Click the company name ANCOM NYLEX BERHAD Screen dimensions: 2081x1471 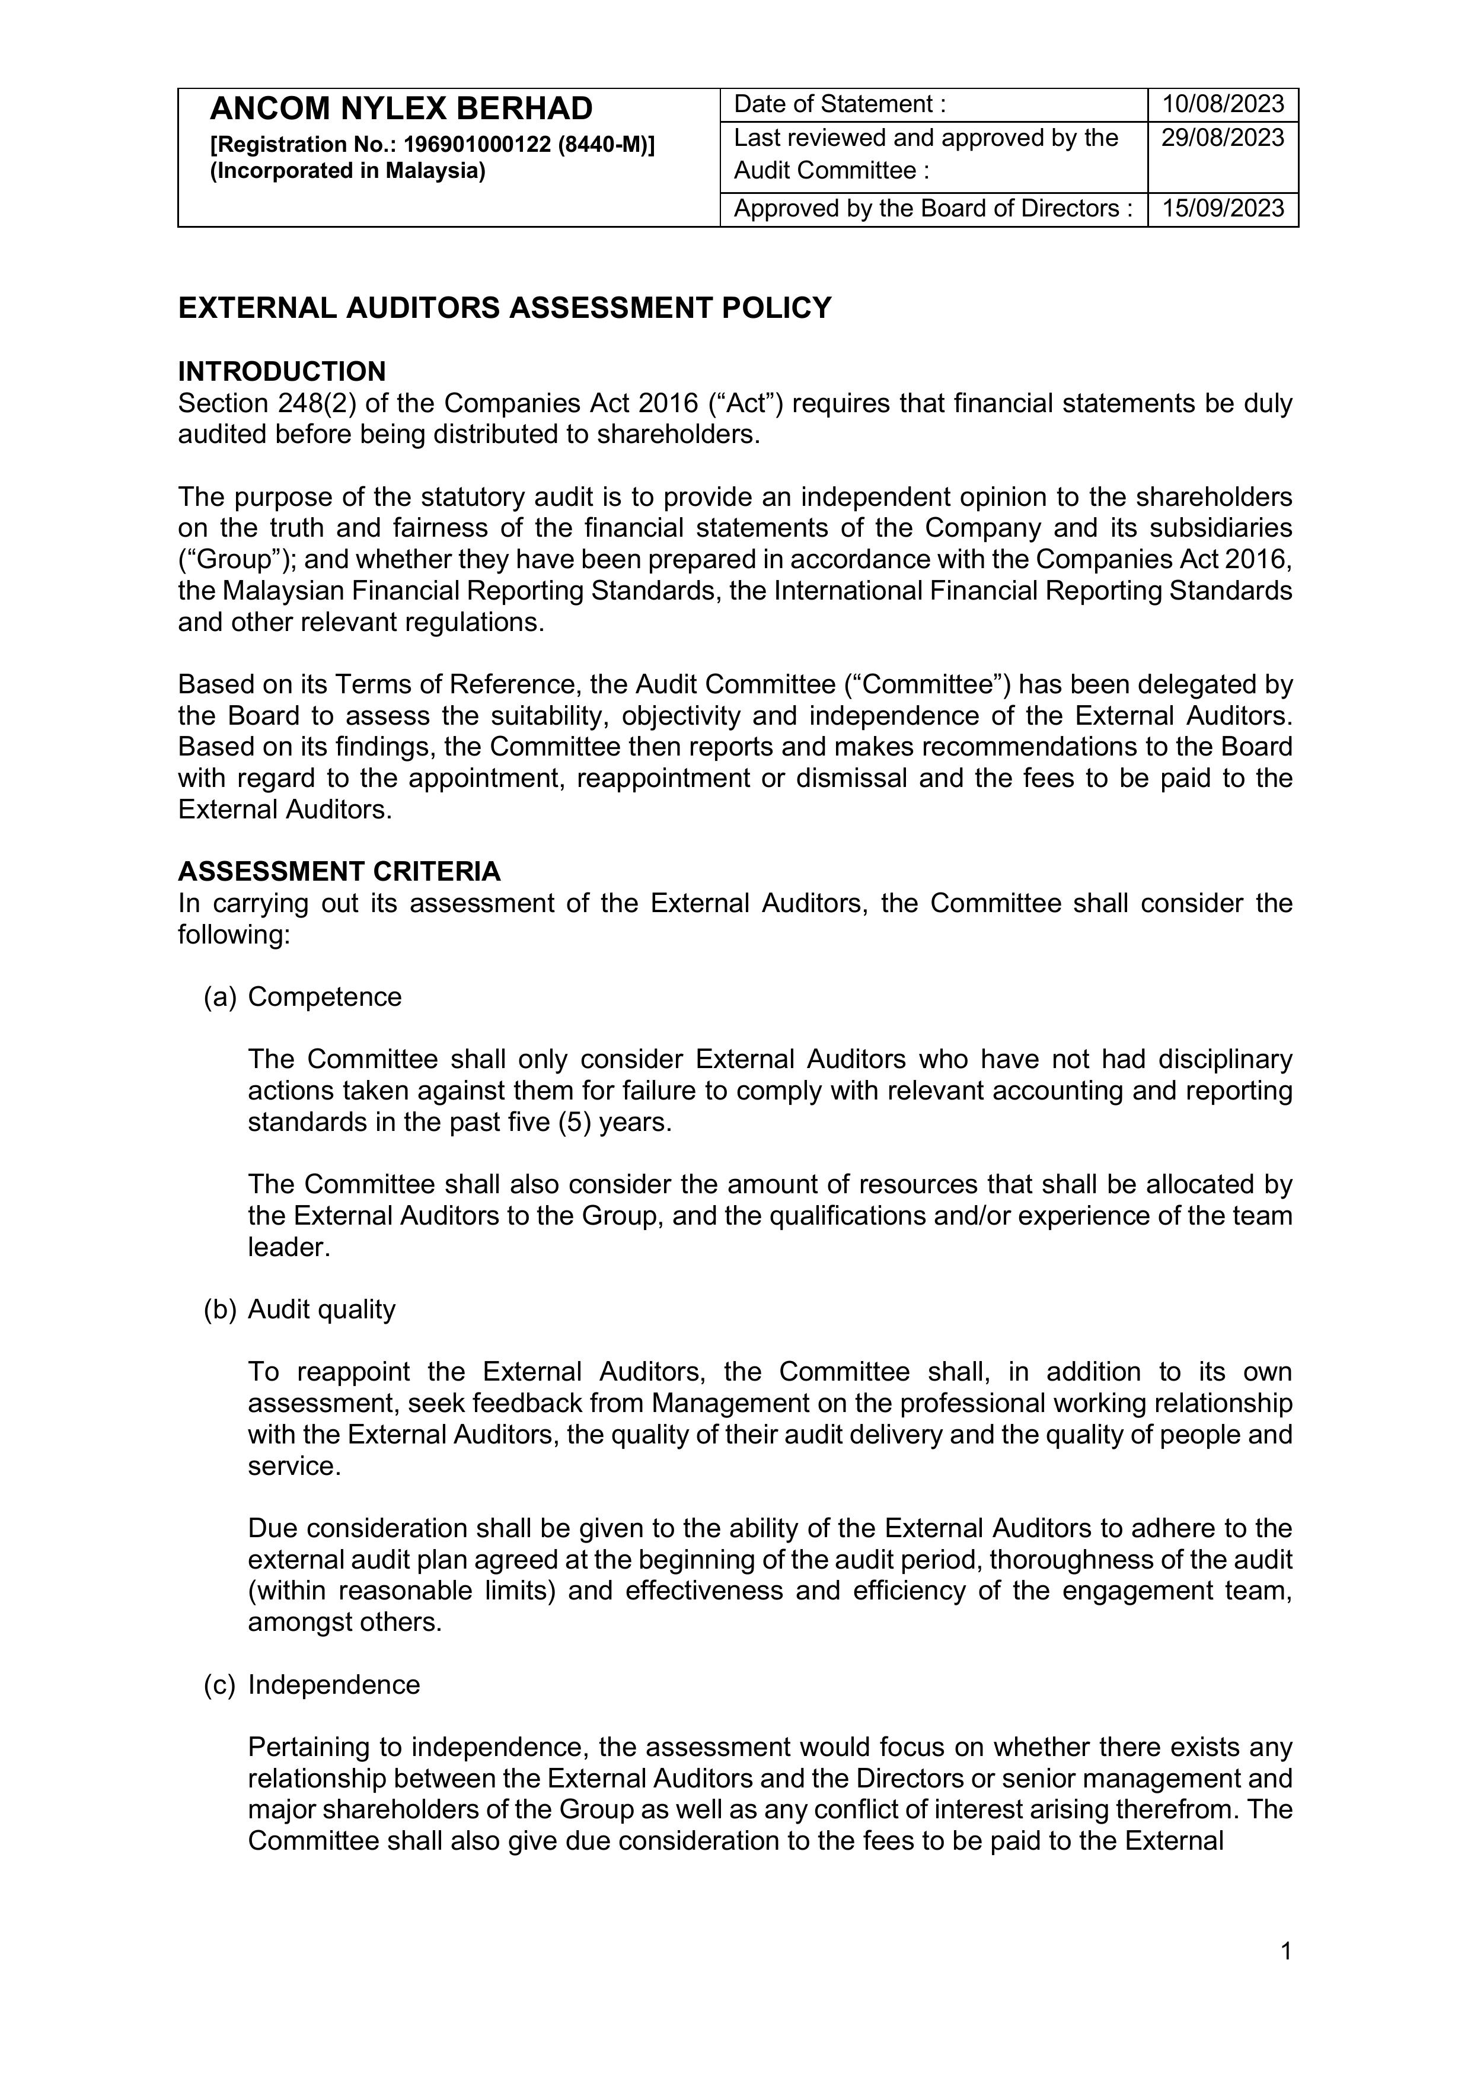401,109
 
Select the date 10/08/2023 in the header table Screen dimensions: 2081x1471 1223,104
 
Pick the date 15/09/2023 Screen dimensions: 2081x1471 1223,209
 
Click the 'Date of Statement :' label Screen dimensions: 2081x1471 840,104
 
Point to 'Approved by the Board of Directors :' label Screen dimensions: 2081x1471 933,209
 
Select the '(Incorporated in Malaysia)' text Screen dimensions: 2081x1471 348,170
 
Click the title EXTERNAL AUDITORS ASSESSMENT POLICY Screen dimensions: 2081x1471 504,308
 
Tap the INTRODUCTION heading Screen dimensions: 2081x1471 282,372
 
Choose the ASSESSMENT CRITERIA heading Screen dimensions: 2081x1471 339,871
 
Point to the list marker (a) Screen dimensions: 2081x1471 219,997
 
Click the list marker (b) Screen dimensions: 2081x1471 219,1309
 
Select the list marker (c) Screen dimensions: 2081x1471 219,1684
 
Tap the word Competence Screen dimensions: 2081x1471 324,997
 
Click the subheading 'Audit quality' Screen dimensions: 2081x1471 322,1309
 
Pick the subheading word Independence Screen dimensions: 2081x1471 334,1684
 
